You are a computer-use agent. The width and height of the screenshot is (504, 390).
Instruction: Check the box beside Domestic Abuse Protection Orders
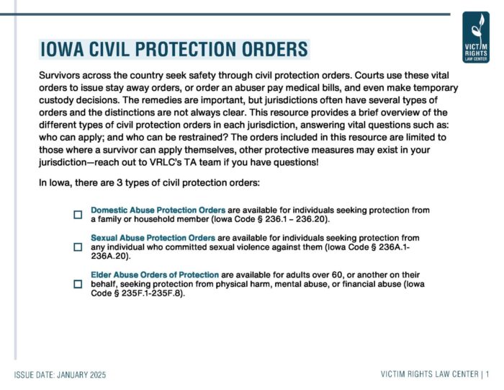coord(78,214)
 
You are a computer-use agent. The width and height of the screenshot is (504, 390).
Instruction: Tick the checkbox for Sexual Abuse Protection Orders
coord(78,247)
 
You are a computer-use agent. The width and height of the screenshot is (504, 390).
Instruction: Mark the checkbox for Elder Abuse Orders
coord(78,284)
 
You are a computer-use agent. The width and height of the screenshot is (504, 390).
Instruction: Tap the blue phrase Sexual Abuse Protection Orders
coord(153,237)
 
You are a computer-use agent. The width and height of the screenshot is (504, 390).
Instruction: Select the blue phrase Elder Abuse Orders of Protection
coord(154,275)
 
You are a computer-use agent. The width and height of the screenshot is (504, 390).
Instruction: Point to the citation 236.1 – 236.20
coord(299,218)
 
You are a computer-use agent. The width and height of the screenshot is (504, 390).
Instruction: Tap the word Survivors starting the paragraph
coord(62,75)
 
